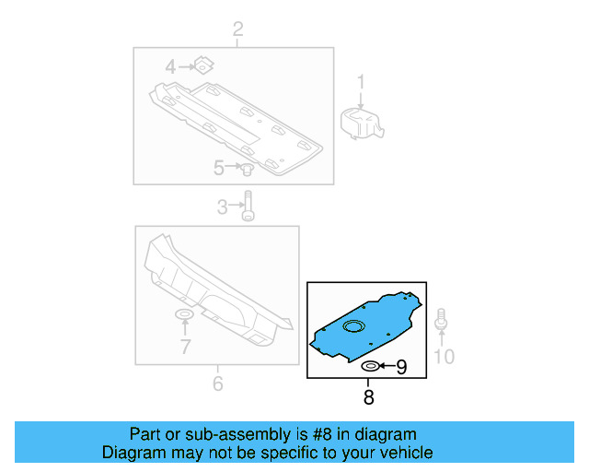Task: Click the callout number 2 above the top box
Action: point(237,31)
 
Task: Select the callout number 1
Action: point(361,81)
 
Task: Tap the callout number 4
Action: point(170,66)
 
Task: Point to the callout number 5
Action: point(219,168)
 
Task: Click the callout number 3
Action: point(222,207)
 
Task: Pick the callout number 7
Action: point(185,347)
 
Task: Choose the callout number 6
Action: point(217,383)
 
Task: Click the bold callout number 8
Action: point(368,398)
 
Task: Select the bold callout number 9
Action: point(400,368)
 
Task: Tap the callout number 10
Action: point(444,356)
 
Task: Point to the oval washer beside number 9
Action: point(370,368)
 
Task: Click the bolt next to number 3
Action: point(248,207)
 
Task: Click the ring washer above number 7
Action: point(184,317)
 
